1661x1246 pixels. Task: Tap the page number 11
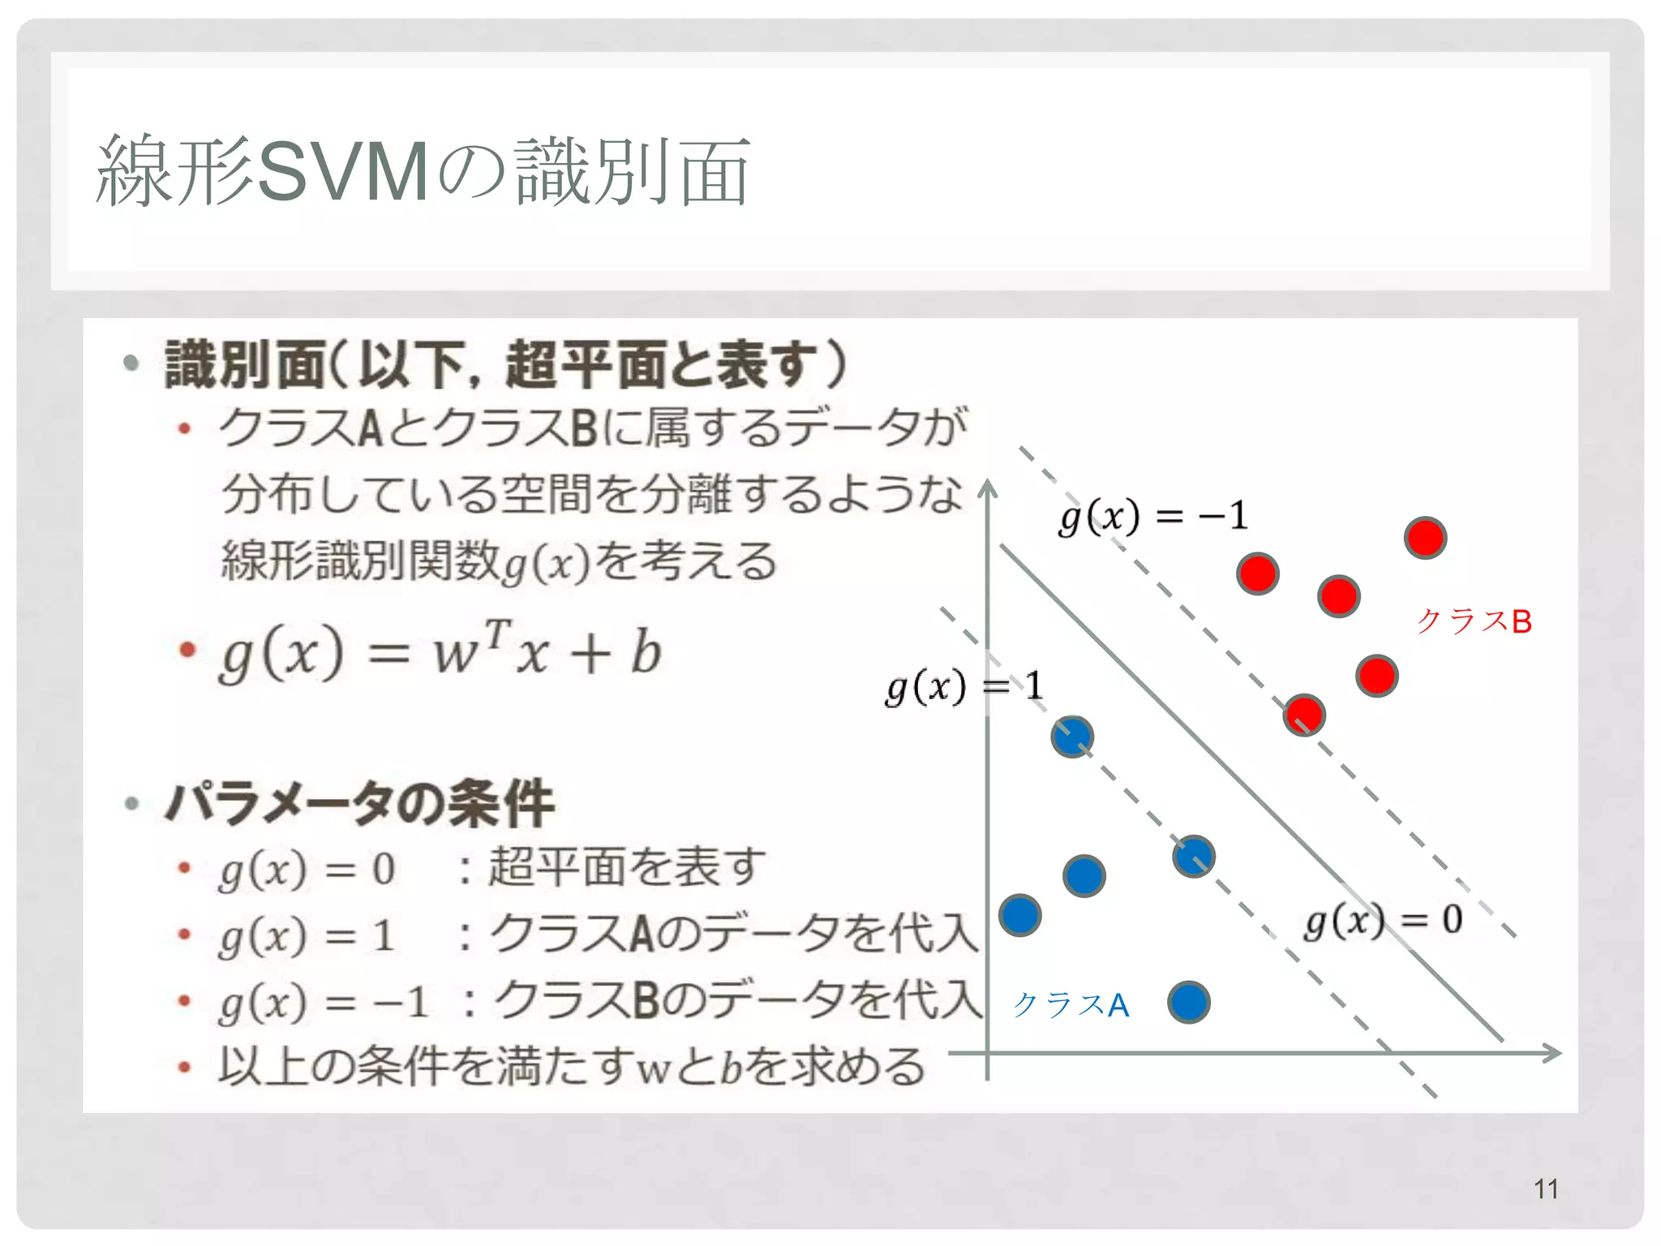[1546, 1189]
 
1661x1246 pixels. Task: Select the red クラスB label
[1474, 622]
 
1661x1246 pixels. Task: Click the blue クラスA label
[1071, 1005]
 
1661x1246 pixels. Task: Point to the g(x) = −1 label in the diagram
[1152, 517]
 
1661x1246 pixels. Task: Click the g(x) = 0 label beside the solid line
[1384, 921]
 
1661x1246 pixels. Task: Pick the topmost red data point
[1425, 538]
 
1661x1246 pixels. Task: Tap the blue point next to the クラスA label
[1189, 1002]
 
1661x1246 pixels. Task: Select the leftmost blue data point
[1019, 916]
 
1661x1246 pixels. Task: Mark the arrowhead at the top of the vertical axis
[987, 488]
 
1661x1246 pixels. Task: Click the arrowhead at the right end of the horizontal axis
[1552, 1053]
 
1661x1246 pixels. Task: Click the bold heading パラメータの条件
[359, 804]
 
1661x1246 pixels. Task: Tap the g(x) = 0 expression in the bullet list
[307, 870]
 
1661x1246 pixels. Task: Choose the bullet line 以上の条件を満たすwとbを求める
[571, 1066]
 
